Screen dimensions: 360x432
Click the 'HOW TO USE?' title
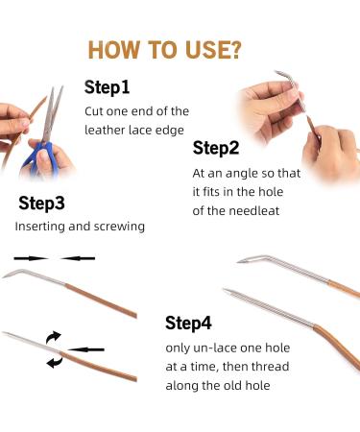tap(164, 50)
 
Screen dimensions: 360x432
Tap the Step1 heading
tap(107, 87)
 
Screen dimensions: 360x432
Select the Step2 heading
tap(216, 148)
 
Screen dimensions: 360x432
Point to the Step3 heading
tap(41, 204)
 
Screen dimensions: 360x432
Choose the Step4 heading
tap(188, 323)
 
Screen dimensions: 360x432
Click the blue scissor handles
tap(40, 156)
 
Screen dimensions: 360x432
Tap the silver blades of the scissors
tap(52, 112)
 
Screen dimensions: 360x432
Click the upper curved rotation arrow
tap(53, 337)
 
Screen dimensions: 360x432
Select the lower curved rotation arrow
tap(55, 362)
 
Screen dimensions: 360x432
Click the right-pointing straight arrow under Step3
tap(32, 258)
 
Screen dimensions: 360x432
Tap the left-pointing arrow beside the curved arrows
tap(85, 349)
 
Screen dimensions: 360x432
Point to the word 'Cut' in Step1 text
tap(94, 111)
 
